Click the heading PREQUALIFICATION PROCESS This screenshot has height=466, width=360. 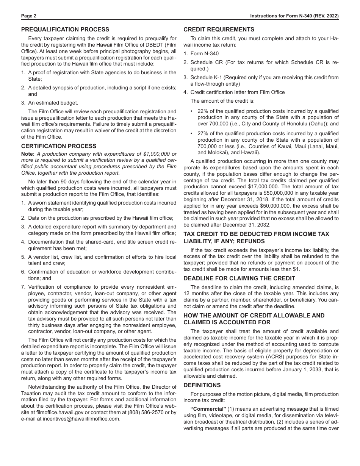[65, 30]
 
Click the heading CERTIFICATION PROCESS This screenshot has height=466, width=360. [59, 146]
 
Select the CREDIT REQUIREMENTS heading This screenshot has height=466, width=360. [219, 30]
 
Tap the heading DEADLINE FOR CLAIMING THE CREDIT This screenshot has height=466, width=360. [239, 278]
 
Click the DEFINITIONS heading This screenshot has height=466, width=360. [202, 385]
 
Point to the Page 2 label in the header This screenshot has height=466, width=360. [29, 16]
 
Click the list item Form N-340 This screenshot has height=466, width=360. [204, 54]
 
